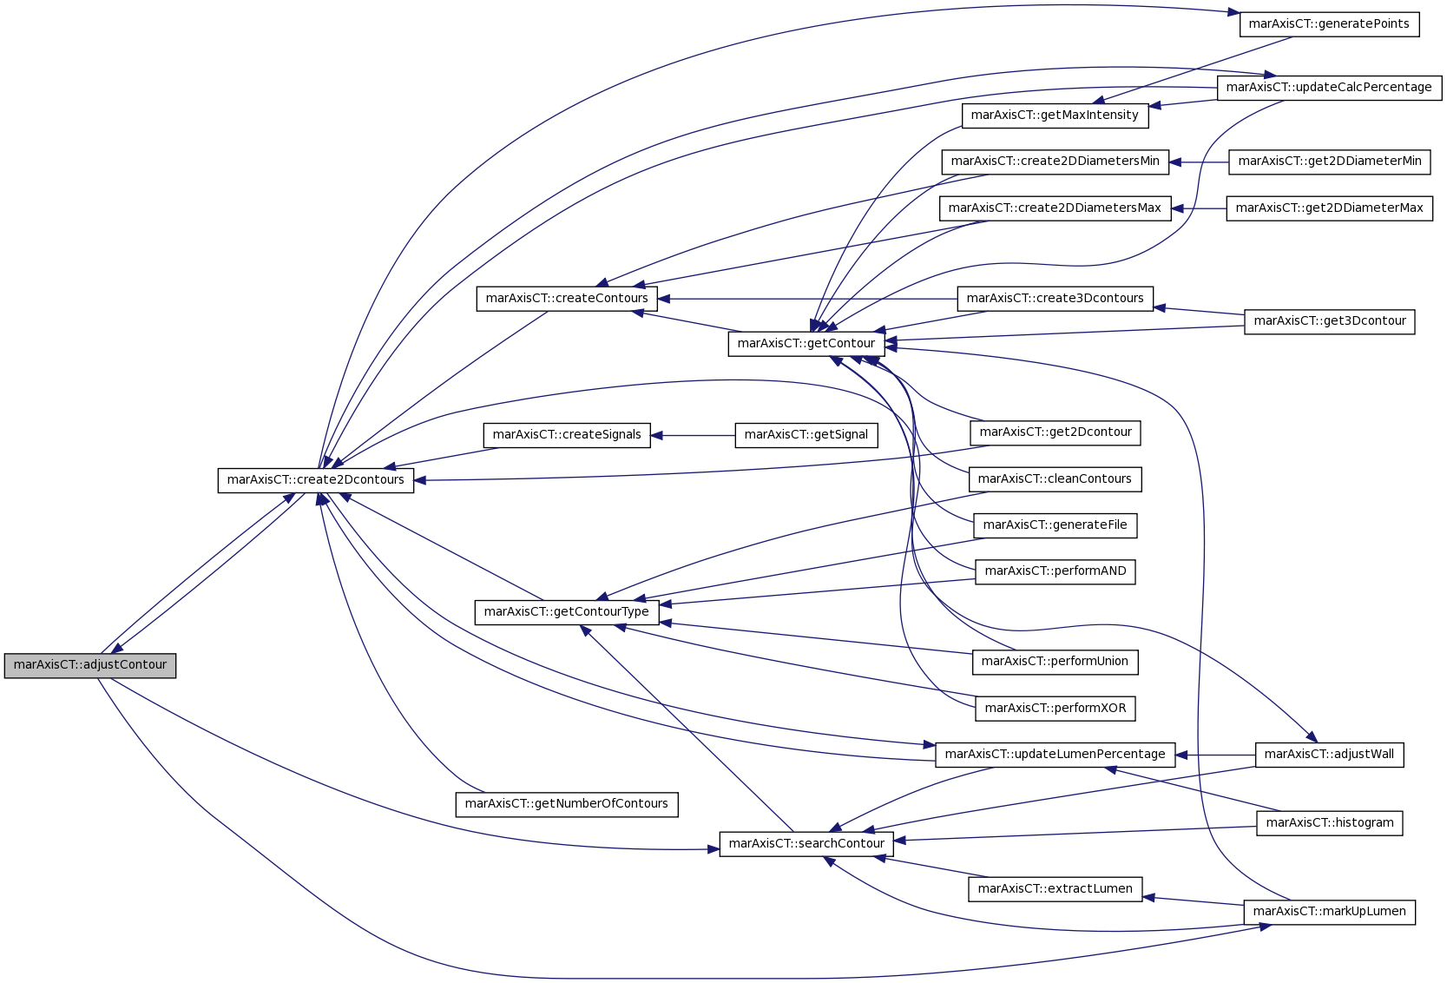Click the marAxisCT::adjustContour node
89,666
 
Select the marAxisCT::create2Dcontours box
316,480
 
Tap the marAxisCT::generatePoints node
1330,24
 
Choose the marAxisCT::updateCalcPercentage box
1330,88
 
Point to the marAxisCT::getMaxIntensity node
1055,115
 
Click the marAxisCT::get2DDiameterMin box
1330,162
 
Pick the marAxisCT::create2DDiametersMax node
1055,208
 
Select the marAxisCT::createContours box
567,299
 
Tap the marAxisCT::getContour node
806,344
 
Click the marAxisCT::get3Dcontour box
1330,322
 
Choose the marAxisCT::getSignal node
806,435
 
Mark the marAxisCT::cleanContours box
1055,479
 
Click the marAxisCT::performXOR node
1055,709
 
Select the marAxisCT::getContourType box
567,612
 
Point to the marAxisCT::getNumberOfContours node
567,805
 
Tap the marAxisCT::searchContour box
806,845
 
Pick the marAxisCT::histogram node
1330,823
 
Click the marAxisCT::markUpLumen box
1330,913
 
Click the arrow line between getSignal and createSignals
694,436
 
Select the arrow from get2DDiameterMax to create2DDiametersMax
1199,208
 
